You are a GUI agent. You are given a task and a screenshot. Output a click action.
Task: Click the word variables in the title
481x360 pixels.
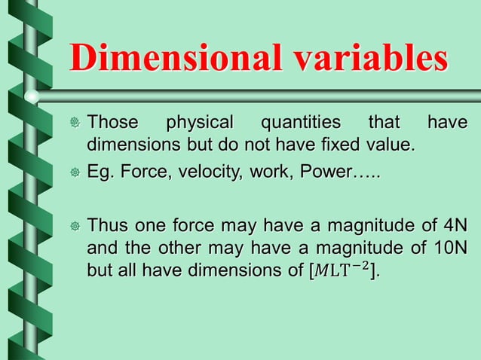[x=368, y=59]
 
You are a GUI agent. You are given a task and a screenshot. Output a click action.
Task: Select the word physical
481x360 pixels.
[x=200, y=122]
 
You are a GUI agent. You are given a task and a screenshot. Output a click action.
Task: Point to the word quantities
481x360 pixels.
[x=299, y=122]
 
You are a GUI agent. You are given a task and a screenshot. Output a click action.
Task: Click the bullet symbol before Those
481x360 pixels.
[x=74, y=123]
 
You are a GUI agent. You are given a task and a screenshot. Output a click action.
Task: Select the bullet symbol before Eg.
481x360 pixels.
[x=74, y=174]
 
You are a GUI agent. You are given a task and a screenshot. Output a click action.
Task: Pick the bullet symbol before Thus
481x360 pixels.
[x=74, y=226]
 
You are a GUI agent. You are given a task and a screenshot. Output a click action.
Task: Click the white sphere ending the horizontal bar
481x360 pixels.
[x=32, y=96]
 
